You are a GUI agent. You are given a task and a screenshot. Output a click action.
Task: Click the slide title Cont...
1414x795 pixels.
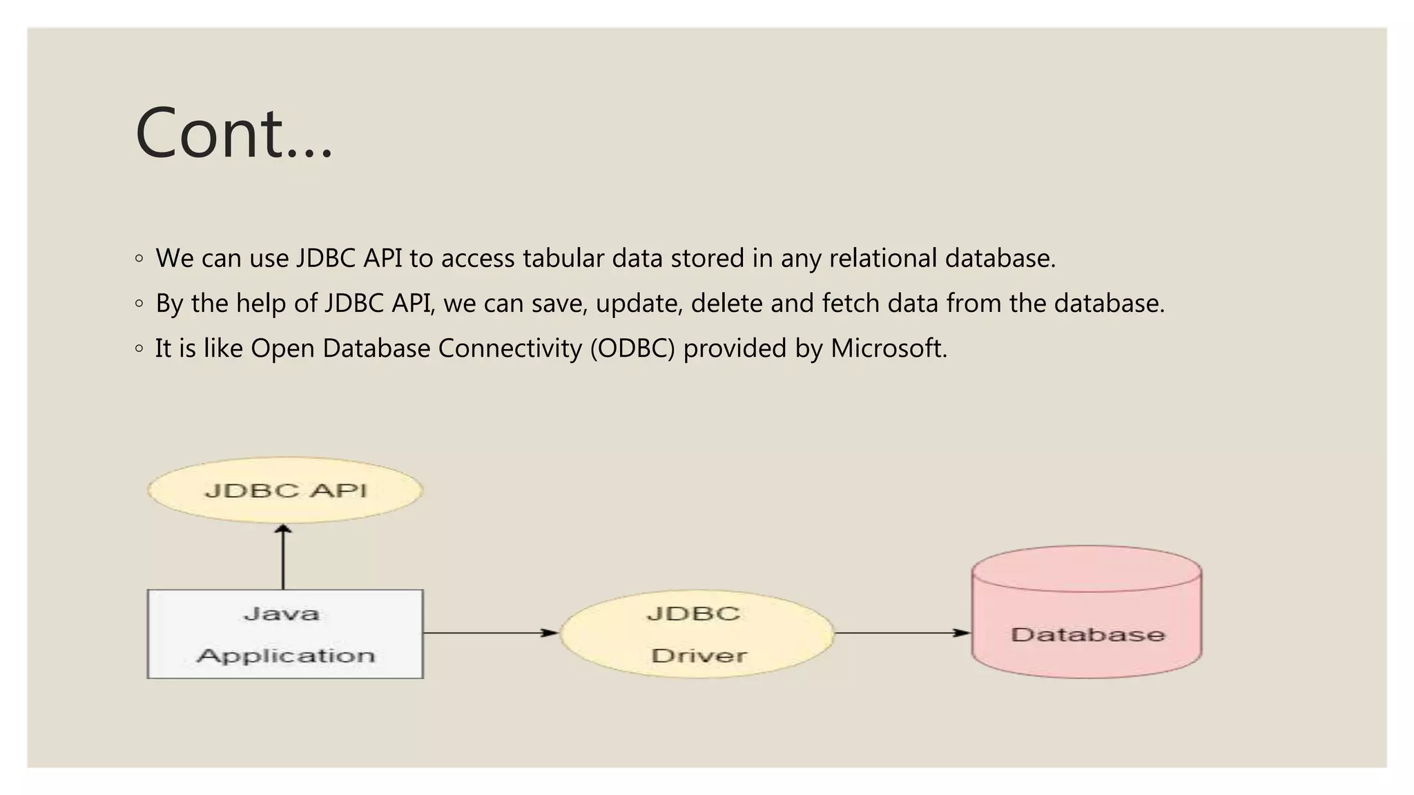pos(233,133)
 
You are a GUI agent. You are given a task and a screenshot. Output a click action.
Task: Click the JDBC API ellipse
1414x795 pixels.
pos(285,490)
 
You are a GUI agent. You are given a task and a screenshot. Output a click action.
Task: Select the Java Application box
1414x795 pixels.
pos(285,634)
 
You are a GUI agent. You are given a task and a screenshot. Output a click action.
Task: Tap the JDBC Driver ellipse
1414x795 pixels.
pos(697,634)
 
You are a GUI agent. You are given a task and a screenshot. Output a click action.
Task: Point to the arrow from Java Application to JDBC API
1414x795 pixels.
pos(283,558)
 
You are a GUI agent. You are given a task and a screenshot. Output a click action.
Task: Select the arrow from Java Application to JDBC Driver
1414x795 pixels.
pos(490,632)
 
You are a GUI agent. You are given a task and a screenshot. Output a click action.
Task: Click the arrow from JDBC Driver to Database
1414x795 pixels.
pos(902,632)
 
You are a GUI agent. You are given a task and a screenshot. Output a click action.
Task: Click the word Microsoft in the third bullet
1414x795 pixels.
pos(888,349)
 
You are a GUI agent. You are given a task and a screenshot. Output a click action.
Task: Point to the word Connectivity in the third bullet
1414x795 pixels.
pos(510,349)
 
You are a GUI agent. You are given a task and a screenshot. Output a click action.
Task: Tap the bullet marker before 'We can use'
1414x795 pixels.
pos(139,259)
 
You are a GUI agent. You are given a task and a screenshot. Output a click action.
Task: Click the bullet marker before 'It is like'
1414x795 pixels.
pos(139,349)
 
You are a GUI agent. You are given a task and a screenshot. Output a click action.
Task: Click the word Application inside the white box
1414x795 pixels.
pos(285,655)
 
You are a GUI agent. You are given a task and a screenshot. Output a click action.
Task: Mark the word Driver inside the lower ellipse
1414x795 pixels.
pos(699,655)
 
